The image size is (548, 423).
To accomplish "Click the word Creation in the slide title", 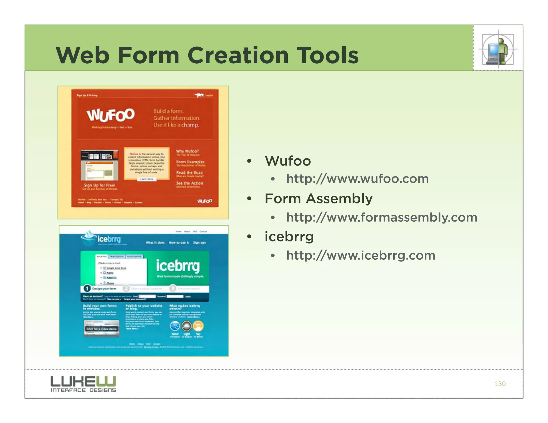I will coord(238,55).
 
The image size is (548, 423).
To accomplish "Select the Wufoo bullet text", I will coord(288,161).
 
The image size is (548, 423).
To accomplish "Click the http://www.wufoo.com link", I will coord(357,179).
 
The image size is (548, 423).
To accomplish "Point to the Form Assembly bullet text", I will coord(318,199).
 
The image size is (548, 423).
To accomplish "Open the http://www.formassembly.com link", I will coord(382,217).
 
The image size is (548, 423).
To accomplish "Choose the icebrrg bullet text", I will coord(289,237).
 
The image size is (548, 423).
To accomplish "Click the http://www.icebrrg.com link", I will coord(361,255).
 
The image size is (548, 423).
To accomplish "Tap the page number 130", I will coord(500,384).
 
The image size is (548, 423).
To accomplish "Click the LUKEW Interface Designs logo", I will coord(83,384).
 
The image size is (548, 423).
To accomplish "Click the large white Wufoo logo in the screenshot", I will coord(111,115).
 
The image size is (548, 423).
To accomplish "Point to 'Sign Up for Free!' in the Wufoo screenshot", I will coord(100,185).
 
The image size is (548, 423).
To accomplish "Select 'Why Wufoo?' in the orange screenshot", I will coord(187,151).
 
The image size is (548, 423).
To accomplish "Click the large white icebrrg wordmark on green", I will coord(178,266).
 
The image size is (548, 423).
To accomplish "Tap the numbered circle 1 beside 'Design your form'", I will coord(87,289).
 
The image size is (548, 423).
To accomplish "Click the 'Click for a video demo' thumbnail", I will coord(101,329).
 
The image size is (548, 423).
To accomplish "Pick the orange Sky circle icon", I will coord(198,326).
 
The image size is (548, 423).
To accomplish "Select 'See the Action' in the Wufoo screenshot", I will coord(189,183).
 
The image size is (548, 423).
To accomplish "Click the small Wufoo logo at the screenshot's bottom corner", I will coord(205,201).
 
